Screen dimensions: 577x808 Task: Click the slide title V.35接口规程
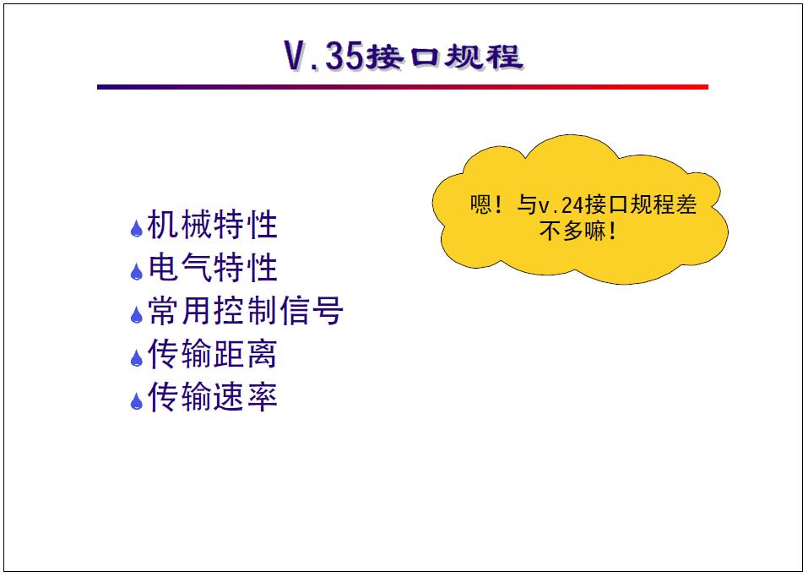404,56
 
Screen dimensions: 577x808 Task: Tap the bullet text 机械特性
212,226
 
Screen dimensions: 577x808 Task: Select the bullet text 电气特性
212,269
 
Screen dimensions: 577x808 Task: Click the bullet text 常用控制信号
245,312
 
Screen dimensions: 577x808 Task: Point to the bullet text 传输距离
212,355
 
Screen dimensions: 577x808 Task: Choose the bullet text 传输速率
212,397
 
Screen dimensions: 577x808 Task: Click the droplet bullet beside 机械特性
136,229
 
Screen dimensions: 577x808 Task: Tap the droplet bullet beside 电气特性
136,272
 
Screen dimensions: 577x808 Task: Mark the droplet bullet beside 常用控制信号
136,315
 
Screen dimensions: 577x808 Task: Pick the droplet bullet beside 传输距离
136,358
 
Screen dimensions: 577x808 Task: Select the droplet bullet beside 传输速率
136,401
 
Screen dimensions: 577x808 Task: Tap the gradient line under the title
402,87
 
